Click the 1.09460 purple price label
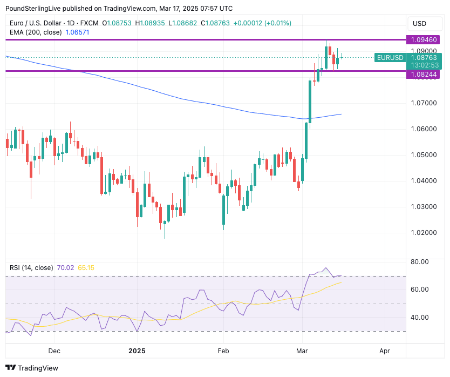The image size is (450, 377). click(423, 40)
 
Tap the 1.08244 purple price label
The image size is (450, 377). click(423, 75)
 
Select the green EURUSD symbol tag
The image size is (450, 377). click(390, 58)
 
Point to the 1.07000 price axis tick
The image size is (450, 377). click(423, 103)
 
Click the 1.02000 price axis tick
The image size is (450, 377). click(423, 233)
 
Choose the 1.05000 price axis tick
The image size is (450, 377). click(423, 155)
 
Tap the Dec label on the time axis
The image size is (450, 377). click(54, 351)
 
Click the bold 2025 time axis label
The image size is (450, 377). click(138, 351)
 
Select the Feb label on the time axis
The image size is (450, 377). click(223, 351)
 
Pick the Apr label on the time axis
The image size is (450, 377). click(384, 351)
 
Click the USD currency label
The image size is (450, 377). click(419, 24)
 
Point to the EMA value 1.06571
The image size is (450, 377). click(77, 32)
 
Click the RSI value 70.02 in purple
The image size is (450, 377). click(65, 267)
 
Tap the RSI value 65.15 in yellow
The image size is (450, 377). click(86, 267)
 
